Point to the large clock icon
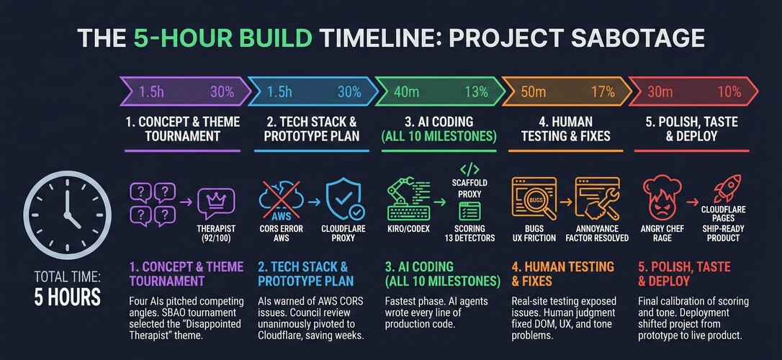[68, 215]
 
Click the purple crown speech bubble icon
[215, 202]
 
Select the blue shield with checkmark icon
[345, 200]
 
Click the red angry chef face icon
[662, 199]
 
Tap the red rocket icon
[726, 189]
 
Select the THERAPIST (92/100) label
[217, 233]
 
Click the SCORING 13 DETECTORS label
[469, 233]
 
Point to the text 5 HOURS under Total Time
[68, 297]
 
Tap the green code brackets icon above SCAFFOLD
[469, 168]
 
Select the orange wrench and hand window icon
[597, 199]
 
